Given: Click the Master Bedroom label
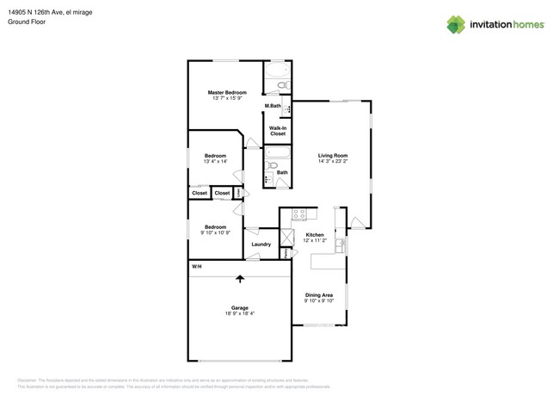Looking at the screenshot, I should (x=227, y=92).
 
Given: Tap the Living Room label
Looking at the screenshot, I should (x=333, y=155).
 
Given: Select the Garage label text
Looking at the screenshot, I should (x=239, y=307).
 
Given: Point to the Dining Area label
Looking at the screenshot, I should (x=319, y=295).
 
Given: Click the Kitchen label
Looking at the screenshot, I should (x=316, y=234).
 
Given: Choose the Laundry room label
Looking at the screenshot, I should (x=261, y=244).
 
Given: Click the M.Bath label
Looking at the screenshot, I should (x=273, y=106).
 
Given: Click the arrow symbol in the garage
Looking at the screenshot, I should (x=239, y=278).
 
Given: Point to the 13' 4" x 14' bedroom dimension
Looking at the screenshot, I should (x=215, y=162).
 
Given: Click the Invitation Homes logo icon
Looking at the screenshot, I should (x=456, y=24).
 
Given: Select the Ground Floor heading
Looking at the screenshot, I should (x=27, y=22).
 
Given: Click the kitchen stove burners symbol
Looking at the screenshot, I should (x=298, y=214).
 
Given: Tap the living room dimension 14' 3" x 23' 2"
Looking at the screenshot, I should (x=333, y=161).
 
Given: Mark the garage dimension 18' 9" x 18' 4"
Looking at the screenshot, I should (x=239, y=313).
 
